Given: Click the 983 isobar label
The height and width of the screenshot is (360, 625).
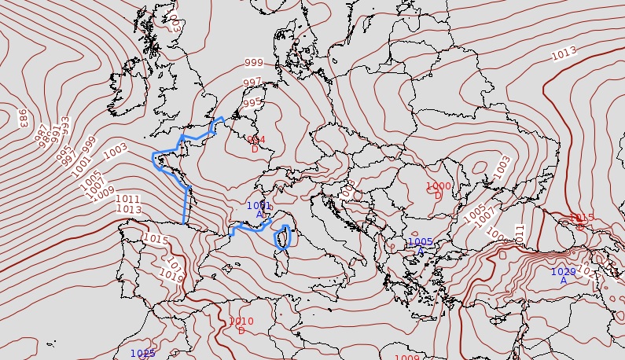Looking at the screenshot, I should click(23, 118).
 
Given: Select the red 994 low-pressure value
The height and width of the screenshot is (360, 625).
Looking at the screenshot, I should click(256, 140).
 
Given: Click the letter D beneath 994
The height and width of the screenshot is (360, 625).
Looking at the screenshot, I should click(255, 149).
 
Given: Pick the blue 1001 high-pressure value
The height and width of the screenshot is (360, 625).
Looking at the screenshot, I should click(259, 206).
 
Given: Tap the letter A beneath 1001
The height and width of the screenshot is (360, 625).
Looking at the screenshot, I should click(259, 215).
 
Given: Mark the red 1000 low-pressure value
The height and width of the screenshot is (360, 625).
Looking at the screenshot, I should click(439, 186).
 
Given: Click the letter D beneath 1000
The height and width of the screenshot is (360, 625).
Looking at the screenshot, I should click(438, 195).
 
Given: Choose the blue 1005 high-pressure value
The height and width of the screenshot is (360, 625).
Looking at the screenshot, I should click(421, 242).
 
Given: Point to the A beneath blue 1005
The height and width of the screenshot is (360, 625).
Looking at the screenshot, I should click(421, 251).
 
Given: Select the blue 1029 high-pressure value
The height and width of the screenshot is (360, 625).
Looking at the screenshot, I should click(563, 272).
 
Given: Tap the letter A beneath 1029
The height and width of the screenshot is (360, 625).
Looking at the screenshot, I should click(563, 281).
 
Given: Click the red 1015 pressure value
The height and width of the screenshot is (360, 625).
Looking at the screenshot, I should click(581, 218).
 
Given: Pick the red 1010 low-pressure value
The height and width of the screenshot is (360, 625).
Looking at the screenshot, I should click(241, 321).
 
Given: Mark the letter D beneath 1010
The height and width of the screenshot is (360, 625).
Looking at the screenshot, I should click(241, 330).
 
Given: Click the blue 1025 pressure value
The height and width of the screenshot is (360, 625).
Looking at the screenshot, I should click(142, 354).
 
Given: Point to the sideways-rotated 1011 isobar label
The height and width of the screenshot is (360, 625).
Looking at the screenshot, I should click(519, 233).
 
